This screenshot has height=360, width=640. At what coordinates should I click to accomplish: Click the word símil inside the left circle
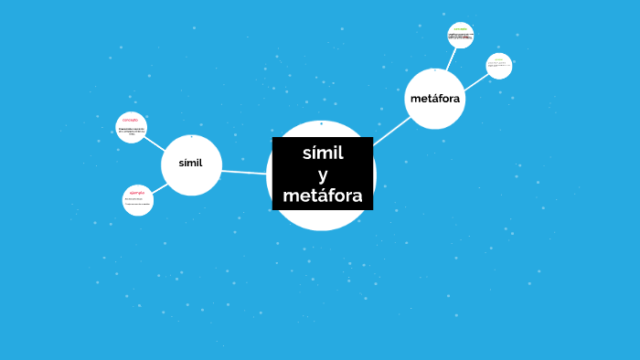(x=190, y=164)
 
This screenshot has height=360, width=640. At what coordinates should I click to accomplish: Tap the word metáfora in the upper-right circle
(x=435, y=98)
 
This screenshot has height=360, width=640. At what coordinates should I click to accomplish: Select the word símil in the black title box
(x=322, y=153)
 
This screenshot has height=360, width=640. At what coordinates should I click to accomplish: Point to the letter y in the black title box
(x=322, y=175)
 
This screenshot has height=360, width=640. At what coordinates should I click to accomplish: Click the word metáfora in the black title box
(x=322, y=196)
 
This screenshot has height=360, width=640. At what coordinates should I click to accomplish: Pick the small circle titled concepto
(x=131, y=128)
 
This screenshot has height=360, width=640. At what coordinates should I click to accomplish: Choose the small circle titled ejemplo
(x=137, y=200)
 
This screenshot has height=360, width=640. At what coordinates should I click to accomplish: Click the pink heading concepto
(x=130, y=120)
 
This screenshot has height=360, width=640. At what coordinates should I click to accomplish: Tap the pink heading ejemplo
(x=137, y=193)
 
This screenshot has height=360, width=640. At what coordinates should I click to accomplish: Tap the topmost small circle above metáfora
(x=461, y=36)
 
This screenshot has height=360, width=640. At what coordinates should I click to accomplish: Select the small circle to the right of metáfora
(x=498, y=66)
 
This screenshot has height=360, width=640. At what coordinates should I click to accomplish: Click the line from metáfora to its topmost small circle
(x=449, y=59)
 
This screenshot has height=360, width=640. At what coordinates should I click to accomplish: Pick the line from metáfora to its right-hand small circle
(x=475, y=79)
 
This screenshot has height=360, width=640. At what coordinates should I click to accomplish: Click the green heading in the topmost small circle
(x=461, y=28)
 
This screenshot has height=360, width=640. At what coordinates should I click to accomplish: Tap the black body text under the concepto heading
(x=131, y=132)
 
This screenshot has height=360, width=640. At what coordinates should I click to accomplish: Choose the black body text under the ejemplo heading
(x=137, y=202)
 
